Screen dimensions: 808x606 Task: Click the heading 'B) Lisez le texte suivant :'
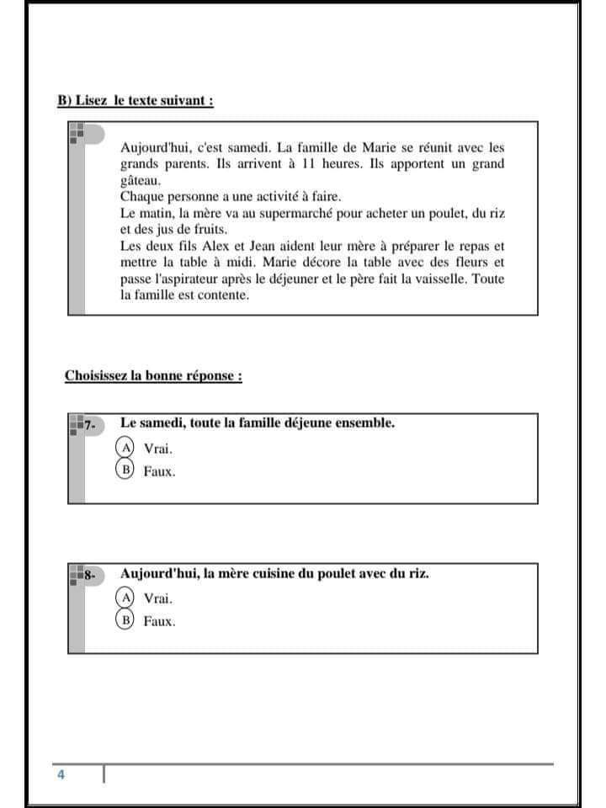(x=135, y=100)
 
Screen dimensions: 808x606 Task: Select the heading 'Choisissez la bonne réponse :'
(x=153, y=375)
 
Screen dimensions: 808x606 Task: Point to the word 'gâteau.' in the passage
(x=142, y=180)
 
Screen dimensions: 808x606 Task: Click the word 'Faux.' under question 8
(x=159, y=622)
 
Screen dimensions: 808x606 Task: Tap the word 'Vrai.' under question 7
(x=158, y=449)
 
